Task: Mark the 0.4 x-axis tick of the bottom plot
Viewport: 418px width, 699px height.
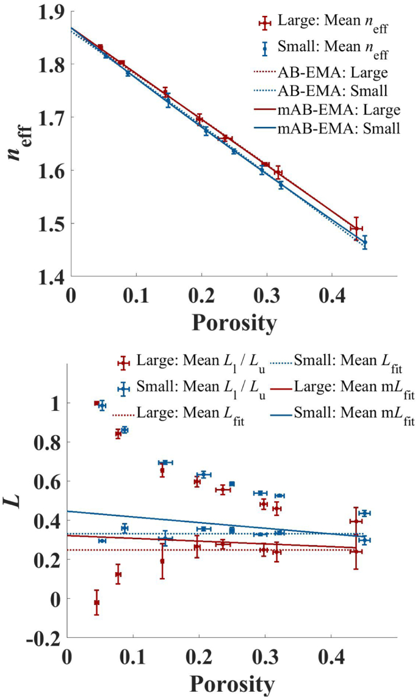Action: click(x=331, y=656)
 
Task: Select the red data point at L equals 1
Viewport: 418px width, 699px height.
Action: click(x=96, y=403)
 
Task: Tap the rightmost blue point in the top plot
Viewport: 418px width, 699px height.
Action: click(x=365, y=242)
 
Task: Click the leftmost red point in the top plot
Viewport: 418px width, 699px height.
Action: click(x=100, y=47)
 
